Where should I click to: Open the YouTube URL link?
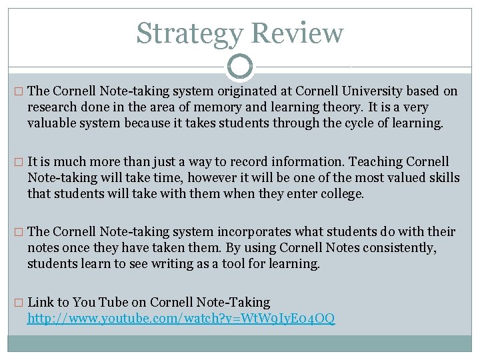(x=181, y=319)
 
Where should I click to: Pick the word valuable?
(x=51, y=123)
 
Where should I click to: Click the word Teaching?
(x=374, y=161)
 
